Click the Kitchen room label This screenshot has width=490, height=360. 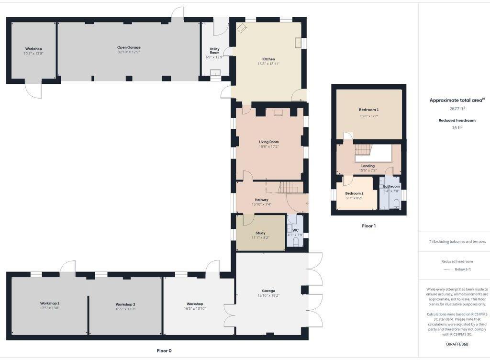(268, 59)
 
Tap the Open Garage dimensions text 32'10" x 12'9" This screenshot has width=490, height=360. (129, 53)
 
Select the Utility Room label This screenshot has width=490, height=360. (214, 50)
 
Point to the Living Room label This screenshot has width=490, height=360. (268, 142)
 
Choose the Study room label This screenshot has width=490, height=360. (260, 233)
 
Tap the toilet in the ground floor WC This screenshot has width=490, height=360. (295, 243)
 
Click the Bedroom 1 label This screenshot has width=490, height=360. (368, 110)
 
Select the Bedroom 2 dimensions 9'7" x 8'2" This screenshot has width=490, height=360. (354, 197)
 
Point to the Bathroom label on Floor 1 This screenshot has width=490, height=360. (391, 186)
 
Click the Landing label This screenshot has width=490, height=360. (367, 166)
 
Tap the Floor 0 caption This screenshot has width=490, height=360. (164, 350)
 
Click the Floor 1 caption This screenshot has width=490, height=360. (368, 225)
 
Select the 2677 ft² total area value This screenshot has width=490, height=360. (457, 108)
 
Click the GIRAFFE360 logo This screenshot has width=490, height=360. (457, 344)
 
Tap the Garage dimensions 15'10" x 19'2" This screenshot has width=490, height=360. (268, 295)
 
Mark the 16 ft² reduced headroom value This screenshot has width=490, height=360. (457, 128)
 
